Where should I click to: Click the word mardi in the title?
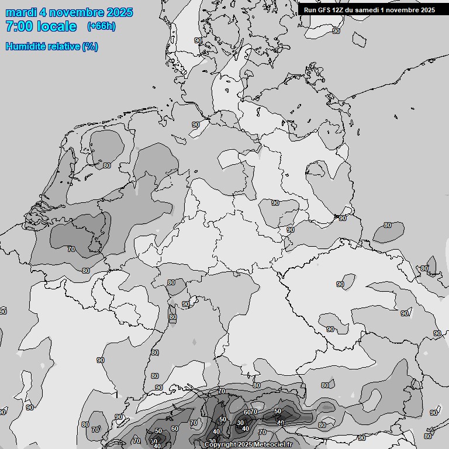tap(20, 12)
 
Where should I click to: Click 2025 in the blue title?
tap(120, 12)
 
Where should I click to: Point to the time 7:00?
tap(19, 26)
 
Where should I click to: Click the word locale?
tap(56, 26)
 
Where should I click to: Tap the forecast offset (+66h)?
tap(101, 26)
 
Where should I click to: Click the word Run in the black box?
tap(310, 10)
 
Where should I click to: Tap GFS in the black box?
tap(324, 10)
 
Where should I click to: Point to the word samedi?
tap(367, 10)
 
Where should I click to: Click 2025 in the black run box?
tap(427, 10)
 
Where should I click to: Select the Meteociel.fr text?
tap(275, 445)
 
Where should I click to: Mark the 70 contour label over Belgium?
tap(71, 249)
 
